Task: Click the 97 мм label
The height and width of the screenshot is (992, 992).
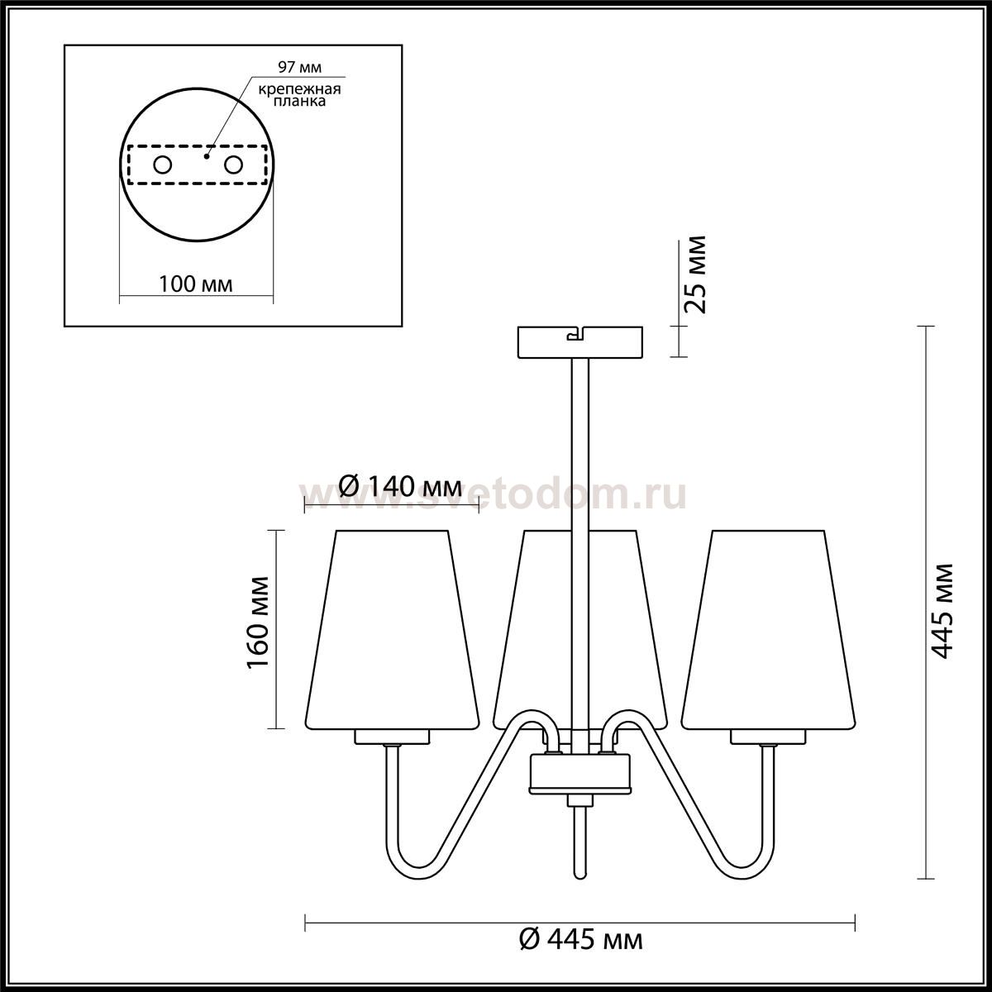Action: tap(299, 67)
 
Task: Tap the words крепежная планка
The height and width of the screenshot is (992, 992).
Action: tap(299, 95)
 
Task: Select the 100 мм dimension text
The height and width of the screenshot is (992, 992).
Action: tap(196, 284)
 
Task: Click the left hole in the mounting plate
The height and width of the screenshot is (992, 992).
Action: tap(163, 165)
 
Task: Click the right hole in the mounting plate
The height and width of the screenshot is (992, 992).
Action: tap(233, 165)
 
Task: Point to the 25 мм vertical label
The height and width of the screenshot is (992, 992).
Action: tap(694, 274)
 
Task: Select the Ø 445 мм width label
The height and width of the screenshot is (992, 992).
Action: tap(581, 940)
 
